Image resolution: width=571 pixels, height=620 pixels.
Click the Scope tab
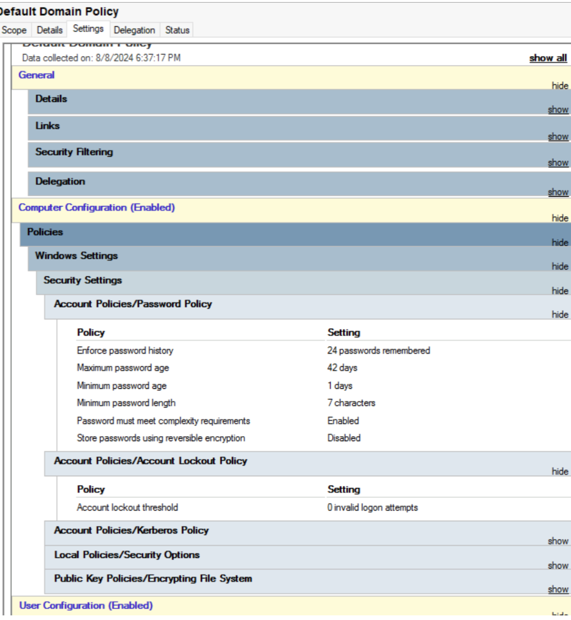(x=14, y=30)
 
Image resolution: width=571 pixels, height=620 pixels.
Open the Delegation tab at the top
(x=134, y=30)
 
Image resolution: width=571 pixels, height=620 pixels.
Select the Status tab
(x=177, y=30)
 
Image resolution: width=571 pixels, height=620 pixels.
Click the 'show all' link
(x=548, y=58)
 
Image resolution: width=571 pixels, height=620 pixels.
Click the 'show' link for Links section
(x=558, y=136)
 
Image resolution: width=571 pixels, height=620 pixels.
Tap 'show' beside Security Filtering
(x=558, y=162)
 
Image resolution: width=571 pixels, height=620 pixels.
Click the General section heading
(x=36, y=75)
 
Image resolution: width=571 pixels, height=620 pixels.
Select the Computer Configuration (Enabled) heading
(x=97, y=208)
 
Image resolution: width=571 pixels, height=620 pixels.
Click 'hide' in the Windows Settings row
(x=560, y=266)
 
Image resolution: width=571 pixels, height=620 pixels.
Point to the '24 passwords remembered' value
(x=378, y=350)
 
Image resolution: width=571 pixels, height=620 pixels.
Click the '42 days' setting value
(x=342, y=368)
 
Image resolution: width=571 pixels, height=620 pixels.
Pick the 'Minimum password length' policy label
(x=126, y=403)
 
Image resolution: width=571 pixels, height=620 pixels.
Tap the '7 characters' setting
(x=351, y=403)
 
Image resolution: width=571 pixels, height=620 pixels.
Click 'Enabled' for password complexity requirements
(x=343, y=421)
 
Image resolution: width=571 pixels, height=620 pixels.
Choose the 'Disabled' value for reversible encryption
(x=344, y=438)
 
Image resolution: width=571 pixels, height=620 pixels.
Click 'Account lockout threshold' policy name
(x=127, y=508)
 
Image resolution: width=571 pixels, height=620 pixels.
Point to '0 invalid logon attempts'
(x=372, y=508)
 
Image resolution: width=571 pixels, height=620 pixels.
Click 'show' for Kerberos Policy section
(x=558, y=541)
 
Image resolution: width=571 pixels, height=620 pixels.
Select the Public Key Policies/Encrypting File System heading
(x=153, y=578)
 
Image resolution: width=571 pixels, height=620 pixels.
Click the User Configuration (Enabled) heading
(x=86, y=606)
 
